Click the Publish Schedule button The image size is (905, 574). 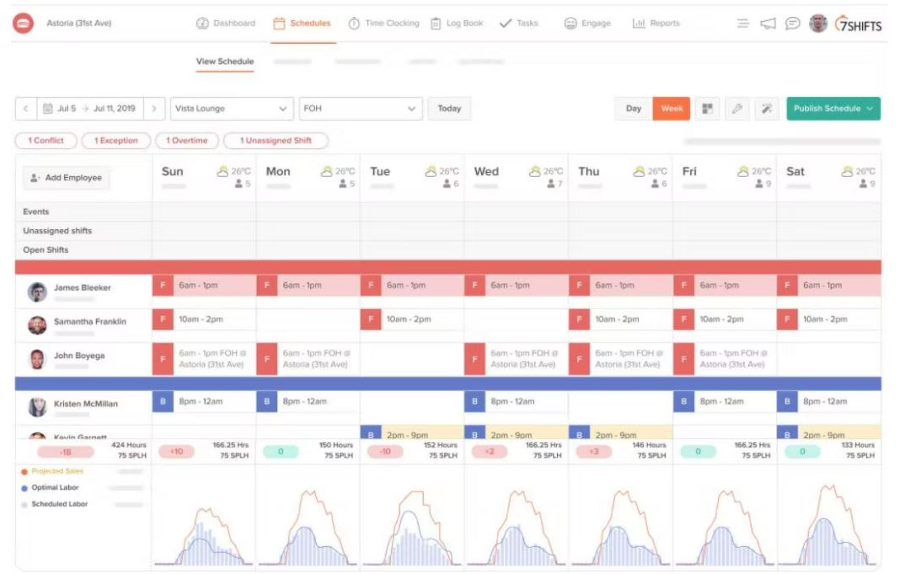tap(833, 109)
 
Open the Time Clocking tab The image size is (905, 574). tap(383, 24)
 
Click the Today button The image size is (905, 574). tap(449, 109)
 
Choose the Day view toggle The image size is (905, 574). tap(634, 109)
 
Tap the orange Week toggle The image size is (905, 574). tap(672, 109)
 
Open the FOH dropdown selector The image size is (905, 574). tap(360, 109)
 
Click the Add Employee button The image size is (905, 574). tap(67, 178)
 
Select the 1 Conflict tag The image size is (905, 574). tap(46, 141)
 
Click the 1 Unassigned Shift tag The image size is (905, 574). tap(276, 141)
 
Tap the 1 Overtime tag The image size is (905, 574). tap(186, 141)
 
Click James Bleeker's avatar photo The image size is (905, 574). tap(37, 292)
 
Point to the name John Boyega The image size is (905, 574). tap(79, 356)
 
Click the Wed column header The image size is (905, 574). tap(486, 172)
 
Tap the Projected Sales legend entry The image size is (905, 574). tap(58, 471)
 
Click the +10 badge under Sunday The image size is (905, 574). tap(176, 452)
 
